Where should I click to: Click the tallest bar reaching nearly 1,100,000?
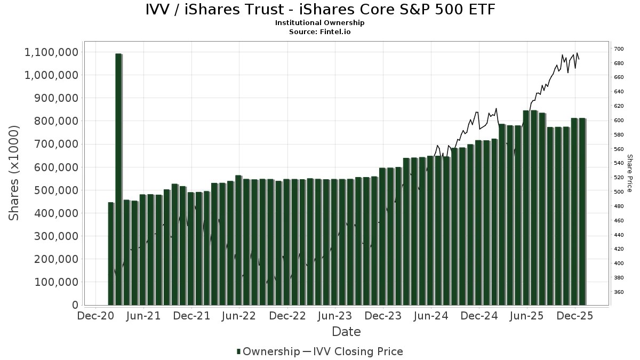[118, 179]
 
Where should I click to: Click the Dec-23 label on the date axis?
[383, 316]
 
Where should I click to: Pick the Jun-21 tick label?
[143, 316]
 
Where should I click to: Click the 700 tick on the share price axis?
[619, 49]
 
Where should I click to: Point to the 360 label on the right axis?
[619, 292]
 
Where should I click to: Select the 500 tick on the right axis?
[619, 192]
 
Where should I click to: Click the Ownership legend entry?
[268, 351]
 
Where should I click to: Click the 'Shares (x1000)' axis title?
[14, 172]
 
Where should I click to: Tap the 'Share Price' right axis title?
[629, 173]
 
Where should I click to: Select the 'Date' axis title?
[346, 332]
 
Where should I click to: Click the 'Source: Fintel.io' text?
[319, 31]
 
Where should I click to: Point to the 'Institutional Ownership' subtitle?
[319, 23]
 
